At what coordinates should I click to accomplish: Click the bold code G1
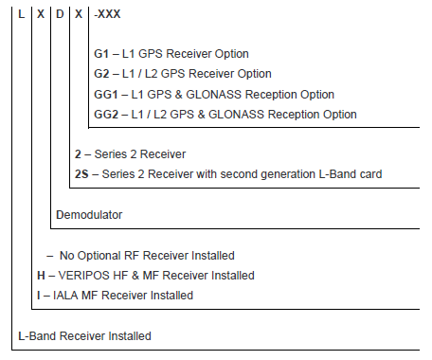click(x=101, y=54)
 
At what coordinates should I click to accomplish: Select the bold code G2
click(x=101, y=74)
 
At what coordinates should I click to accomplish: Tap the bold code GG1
click(x=106, y=95)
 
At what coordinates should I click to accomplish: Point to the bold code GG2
click(x=106, y=115)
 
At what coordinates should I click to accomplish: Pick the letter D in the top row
click(x=59, y=15)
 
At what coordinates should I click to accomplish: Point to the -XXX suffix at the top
click(x=108, y=15)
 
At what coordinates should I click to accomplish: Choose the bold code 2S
click(x=81, y=173)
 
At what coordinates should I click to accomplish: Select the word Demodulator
click(x=90, y=215)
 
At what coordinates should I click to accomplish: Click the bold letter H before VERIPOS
click(x=40, y=276)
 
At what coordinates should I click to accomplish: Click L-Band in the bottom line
click(x=38, y=336)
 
